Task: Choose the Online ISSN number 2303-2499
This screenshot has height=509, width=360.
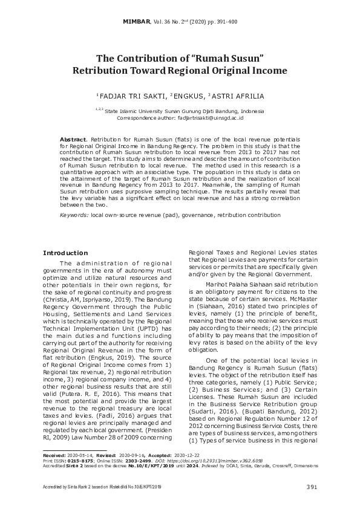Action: tap(139, 461)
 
